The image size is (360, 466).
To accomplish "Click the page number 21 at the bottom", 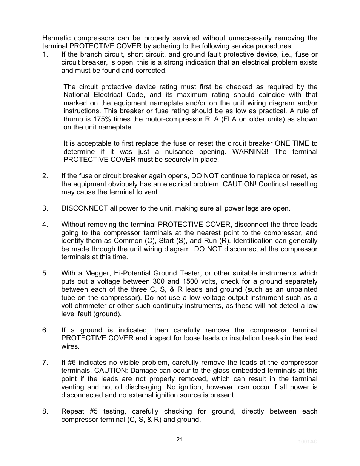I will (x=179, y=439).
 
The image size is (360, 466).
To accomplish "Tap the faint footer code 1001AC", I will (x=308, y=441).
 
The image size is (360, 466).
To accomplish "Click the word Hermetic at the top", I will (x=56, y=38).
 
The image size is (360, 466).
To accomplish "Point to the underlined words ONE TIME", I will (x=292, y=143).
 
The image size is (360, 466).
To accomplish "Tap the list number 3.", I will (x=45, y=208).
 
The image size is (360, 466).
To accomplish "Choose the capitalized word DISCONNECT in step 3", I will (x=85, y=208).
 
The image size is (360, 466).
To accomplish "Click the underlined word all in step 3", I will (x=219, y=208).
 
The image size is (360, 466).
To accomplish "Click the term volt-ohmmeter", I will (x=83, y=306).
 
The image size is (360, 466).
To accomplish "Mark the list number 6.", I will (x=45, y=330).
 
